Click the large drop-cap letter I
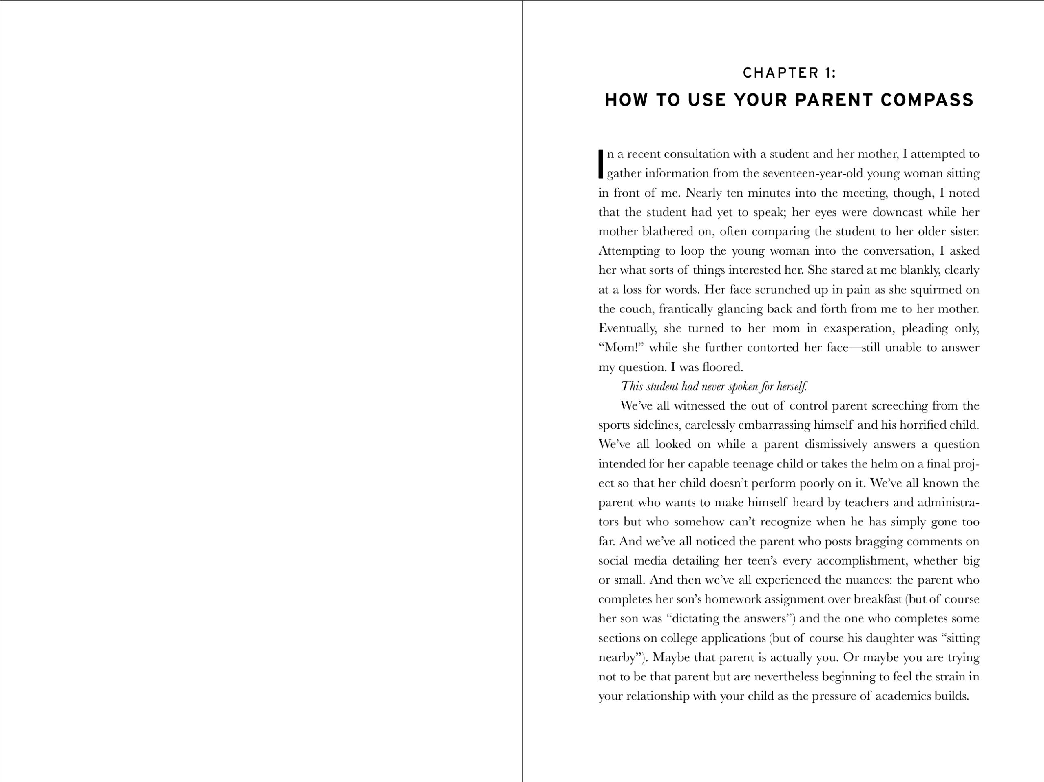tap(601, 164)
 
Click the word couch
tap(636, 309)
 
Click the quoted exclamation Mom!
tap(621, 348)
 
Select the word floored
tap(722, 367)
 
